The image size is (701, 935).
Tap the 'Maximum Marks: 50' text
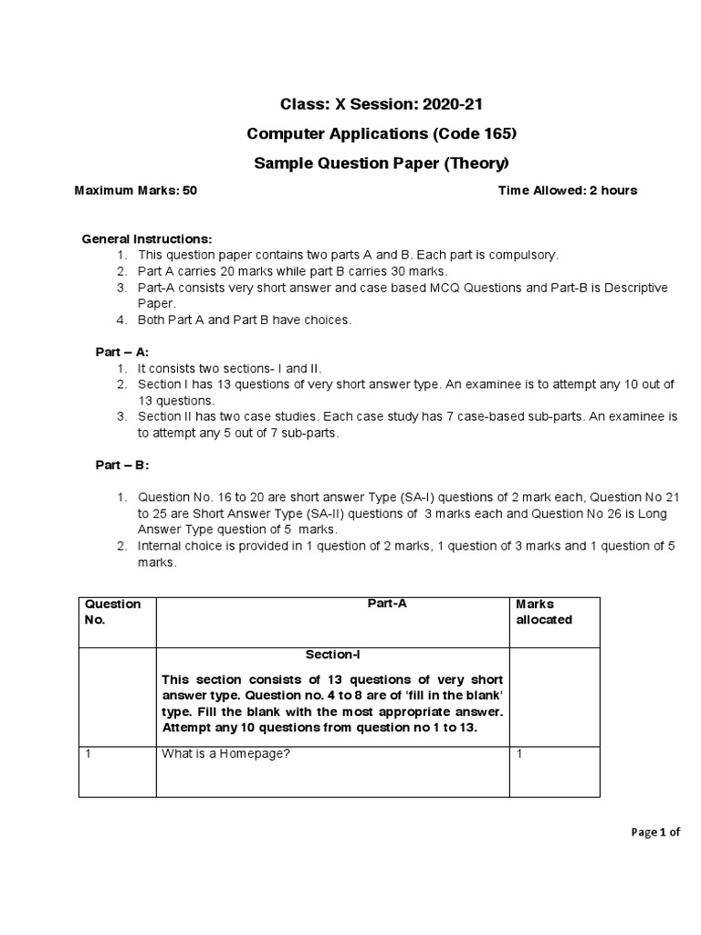coord(135,191)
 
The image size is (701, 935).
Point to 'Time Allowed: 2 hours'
coord(568,191)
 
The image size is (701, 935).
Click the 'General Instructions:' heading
coord(133,238)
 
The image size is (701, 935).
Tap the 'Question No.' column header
coord(112,612)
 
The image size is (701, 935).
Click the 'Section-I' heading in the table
coord(333,655)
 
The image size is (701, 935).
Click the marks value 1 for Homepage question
coord(519,753)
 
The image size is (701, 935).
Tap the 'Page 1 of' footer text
coord(655,832)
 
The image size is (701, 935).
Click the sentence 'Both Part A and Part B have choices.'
coord(244,320)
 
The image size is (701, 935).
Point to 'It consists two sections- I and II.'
coord(230,368)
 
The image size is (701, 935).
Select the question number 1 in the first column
coord(88,753)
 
